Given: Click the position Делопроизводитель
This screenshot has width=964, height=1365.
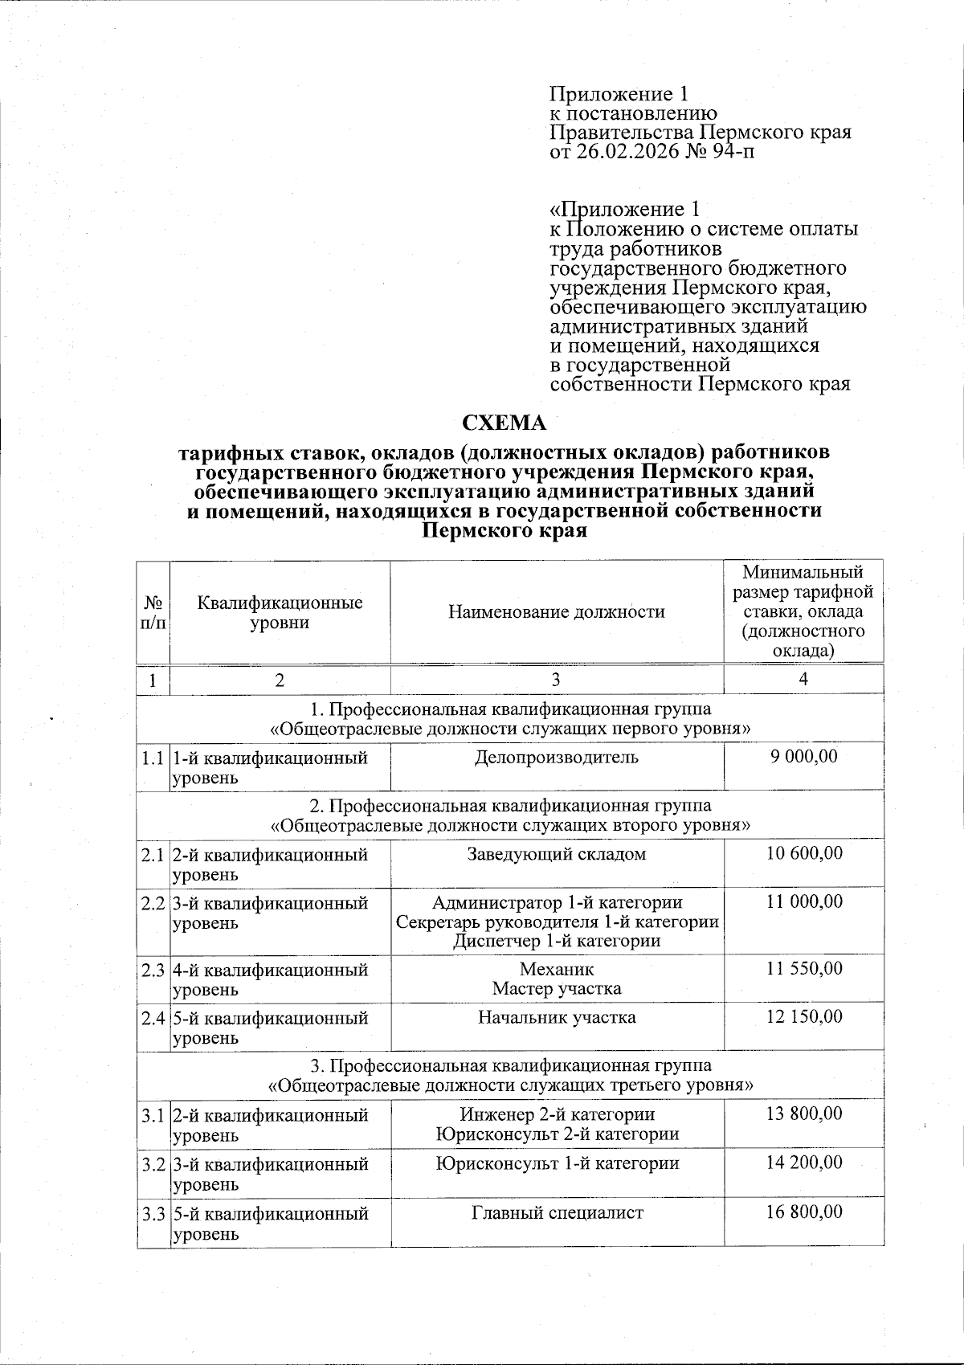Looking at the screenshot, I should click(x=557, y=756).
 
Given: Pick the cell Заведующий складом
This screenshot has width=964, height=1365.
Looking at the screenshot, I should click(x=557, y=853).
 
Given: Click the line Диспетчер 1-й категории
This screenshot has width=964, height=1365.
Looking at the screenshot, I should click(x=557, y=940).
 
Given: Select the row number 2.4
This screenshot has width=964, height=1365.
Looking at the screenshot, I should click(x=153, y=1018).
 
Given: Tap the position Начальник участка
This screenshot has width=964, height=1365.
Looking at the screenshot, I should click(x=557, y=1017).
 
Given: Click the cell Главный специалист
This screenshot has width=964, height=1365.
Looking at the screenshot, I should click(x=557, y=1212).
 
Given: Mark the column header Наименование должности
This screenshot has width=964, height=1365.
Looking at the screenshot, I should click(x=557, y=612).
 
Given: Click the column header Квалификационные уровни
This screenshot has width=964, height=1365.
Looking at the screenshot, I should click(x=280, y=612).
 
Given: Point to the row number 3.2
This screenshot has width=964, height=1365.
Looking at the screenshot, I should click(x=153, y=1163).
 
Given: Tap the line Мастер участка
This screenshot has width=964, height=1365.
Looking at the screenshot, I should click(x=557, y=988).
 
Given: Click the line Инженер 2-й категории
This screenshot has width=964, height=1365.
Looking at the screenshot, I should click(x=557, y=1114).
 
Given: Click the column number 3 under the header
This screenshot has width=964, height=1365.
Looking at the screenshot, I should click(x=557, y=679).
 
